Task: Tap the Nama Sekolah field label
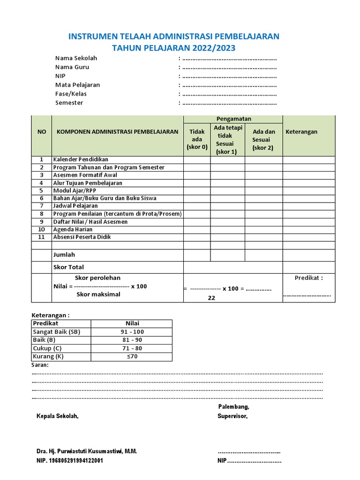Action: click(76, 58)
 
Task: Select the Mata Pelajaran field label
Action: click(77, 85)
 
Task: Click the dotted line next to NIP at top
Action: click(229, 76)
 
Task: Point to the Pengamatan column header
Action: click(232, 119)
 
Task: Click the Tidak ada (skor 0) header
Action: click(197, 139)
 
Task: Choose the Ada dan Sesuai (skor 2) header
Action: click(263, 140)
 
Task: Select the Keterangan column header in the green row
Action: click(301, 132)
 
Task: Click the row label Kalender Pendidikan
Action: click(81, 160)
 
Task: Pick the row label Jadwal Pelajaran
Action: click(75, 206)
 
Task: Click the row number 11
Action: click(41, 237)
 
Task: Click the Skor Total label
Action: click(69, 267)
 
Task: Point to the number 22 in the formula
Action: click(211, 298)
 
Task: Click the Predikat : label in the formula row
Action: click(308, 277)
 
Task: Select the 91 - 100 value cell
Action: click(131, 332)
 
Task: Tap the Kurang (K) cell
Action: click(48, 357)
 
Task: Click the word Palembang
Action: click(233, 406)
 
